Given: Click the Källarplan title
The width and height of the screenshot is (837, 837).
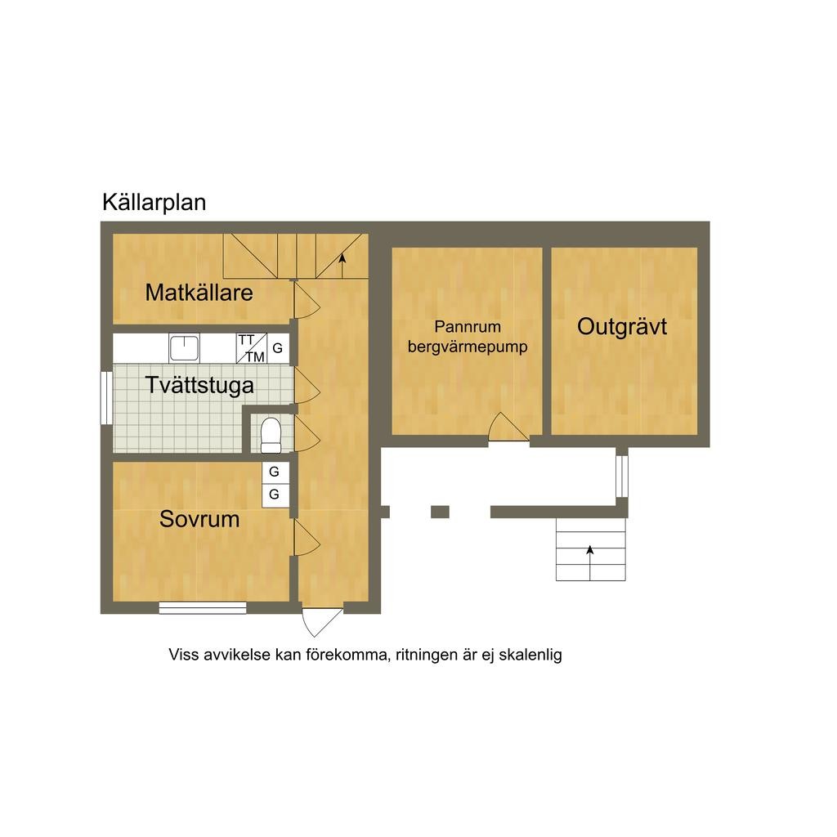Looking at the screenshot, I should pos(154,203).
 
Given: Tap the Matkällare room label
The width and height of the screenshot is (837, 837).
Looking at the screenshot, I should pos(199,293).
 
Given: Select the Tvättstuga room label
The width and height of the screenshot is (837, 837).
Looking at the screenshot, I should pos(199,385).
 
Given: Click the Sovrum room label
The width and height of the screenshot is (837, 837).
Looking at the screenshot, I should pos(199,519).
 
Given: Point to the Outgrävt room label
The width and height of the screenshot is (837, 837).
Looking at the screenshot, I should pos(622,327).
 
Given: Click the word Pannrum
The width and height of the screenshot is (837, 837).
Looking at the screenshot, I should pos(467,327).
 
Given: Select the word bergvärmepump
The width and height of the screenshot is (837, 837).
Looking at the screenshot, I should pos(468,347).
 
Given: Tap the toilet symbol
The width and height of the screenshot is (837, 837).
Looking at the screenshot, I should pos(271,434).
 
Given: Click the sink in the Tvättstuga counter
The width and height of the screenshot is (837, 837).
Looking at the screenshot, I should pos(185,348).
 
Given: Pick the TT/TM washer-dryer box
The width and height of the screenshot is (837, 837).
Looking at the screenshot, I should pos(252,348).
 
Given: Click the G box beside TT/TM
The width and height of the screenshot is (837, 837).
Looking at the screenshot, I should pos(278,348).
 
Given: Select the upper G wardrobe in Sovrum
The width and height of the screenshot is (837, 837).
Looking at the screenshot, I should pos(275,472).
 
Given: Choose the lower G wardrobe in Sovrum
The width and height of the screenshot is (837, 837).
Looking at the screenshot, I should pos(275,495).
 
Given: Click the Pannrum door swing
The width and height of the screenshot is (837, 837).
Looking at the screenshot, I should pos(508,429).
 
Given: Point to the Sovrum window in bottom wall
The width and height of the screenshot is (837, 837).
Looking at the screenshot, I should pos(203,607).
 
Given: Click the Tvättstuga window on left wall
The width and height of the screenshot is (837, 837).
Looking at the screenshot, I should pos(106,398).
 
